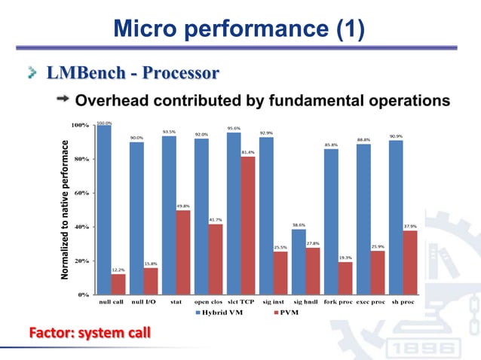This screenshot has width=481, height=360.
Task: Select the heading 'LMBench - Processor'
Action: [133, 73]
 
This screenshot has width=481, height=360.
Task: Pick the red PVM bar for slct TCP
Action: [248, 225]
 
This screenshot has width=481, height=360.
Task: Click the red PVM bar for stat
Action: [182, 252]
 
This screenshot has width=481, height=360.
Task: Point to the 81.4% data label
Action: [248, 152]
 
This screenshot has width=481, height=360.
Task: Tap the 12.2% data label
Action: [118, 269]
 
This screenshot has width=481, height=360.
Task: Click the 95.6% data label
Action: [234, 128]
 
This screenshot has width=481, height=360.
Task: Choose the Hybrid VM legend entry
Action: [219, 313]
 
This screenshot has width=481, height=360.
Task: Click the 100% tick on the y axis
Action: [79, 125]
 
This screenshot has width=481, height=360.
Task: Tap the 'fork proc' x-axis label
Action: [339, 303]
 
